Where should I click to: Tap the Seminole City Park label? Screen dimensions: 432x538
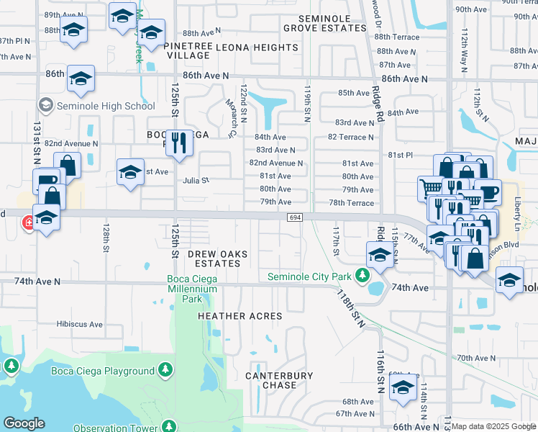309,276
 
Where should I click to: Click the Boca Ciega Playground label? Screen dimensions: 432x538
102,371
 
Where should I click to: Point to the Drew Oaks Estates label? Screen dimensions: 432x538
214,258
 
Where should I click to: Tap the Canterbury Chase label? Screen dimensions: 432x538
280,380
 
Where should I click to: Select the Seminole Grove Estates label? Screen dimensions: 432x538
324,22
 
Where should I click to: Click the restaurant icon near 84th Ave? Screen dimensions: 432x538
177,141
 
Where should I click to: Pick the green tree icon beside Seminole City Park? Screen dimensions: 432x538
363,276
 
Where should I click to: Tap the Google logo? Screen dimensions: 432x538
24,423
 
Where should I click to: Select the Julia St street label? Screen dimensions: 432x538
195,181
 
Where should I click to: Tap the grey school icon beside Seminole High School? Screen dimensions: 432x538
46,106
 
